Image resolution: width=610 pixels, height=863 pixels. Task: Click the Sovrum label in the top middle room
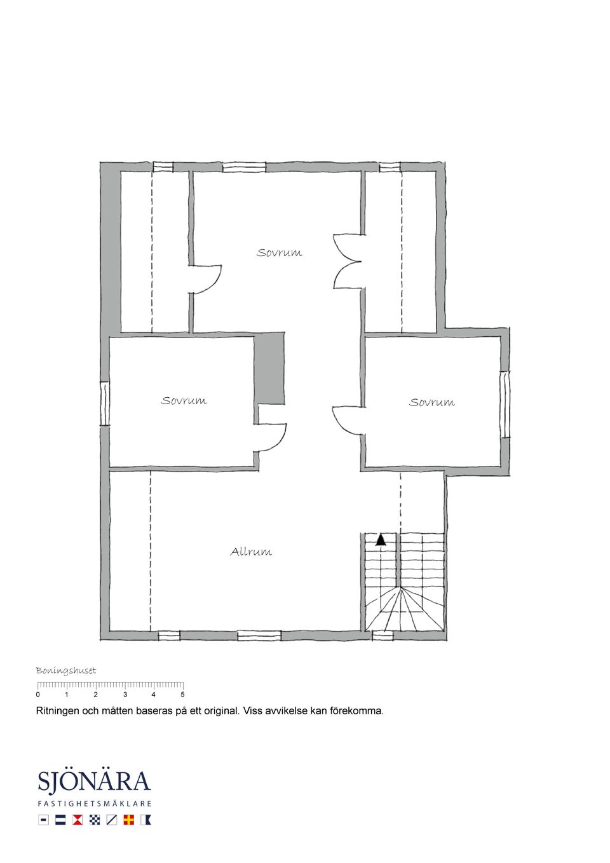(x=279, y=252)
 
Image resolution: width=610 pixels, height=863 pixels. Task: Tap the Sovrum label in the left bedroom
(x=184, y=400)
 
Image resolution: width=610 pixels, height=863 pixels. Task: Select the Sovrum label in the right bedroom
(x=431, y=402)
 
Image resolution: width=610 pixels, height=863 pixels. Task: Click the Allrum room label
(x=251, y=552)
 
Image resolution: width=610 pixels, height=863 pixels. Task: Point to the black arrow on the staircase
(x=381, y=540)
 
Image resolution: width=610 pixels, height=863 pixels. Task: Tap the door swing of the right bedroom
(x=346, y=419)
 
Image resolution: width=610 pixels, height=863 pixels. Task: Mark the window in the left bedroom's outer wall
(x=105, y=404)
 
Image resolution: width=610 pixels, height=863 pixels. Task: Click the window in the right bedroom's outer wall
(x=505, y=404)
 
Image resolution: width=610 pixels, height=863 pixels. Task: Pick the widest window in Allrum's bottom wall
(x=259, y=635)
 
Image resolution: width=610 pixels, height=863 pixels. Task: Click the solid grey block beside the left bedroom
(x=269, y=368)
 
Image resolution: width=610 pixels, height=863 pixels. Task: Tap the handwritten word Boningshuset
(x=65, y=670)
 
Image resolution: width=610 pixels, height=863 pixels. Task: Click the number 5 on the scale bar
(x=182, y=695)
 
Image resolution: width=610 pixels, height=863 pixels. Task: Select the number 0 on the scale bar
(x=38, y=695)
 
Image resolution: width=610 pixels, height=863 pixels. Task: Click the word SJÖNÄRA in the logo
(x=94, y=782)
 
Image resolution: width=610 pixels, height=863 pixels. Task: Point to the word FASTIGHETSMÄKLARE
(x=94, y=803)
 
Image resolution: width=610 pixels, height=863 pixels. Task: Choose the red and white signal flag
(x=78, y=820)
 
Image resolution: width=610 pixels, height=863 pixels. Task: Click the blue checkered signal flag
(x=95, y=820)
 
